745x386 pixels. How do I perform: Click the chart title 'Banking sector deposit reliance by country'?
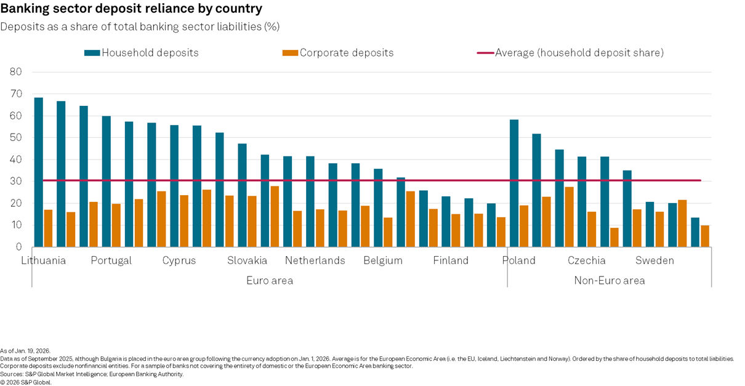(x=131, y=9)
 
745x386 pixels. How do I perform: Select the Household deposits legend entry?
(x=142, y=53)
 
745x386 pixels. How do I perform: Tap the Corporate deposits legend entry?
(x=338, y=53)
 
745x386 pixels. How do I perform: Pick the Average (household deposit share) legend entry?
(x=570, y=53)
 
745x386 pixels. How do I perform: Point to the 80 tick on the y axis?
(x=16, y=72)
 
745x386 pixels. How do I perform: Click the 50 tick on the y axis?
(x=16, y=138)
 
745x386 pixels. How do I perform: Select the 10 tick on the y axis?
(x=16, y=225)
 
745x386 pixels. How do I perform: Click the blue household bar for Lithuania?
(x=38, y=172)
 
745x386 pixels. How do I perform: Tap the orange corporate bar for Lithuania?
(x=48, y=228)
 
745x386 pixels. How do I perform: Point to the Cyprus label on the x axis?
(x=179, y=260)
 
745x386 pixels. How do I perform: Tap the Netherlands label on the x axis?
(x=315, y=260)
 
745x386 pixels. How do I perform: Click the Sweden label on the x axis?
(x=654, y=260)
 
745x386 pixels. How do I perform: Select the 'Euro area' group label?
(x=270, y=281)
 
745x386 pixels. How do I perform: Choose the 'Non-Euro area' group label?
(x=610, y=281)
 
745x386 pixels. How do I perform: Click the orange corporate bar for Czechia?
(x=592, y=229)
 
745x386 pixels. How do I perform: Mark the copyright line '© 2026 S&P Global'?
(x=26, y=382)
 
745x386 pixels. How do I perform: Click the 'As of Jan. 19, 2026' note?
(x=25, y=350)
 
